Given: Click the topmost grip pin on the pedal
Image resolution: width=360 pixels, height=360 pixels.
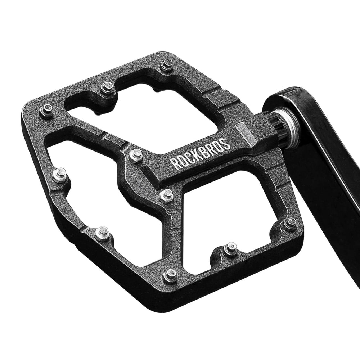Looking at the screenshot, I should coord(166,65).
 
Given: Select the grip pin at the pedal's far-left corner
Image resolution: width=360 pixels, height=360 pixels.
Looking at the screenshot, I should coord(46,110).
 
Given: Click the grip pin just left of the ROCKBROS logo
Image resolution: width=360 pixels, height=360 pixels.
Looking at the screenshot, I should coord(136,155).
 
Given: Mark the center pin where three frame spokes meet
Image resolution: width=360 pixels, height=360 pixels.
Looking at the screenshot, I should coord(166,195).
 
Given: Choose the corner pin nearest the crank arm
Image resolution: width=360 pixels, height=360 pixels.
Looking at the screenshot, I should coord(290,224).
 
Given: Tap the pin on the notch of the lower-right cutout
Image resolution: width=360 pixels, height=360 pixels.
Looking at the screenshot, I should coord(230,248).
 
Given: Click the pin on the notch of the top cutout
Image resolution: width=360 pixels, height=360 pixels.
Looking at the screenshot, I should coord(107,87).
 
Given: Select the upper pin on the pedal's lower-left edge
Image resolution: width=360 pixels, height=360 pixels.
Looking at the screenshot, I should coord(59,175).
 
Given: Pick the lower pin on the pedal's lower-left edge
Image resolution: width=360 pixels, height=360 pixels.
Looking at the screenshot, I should coord(102,233).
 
